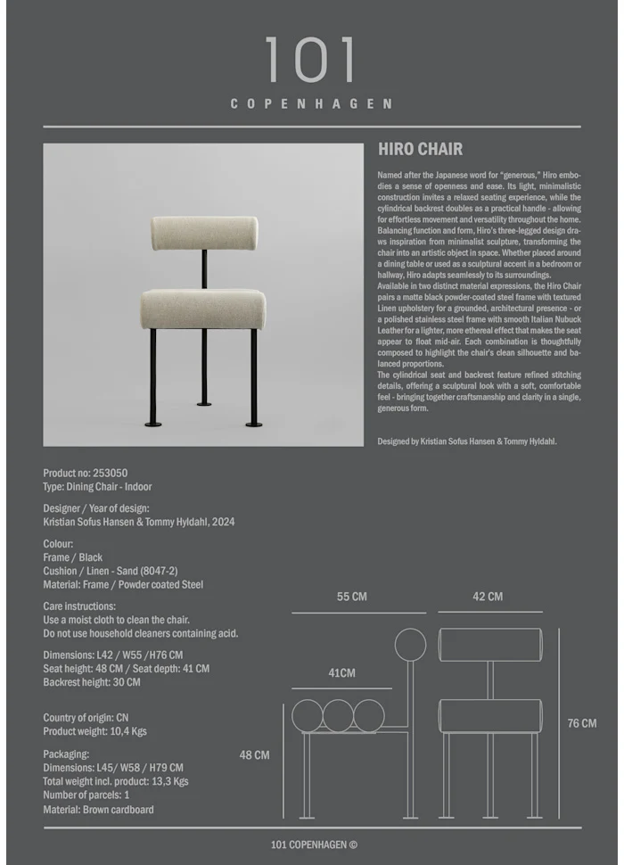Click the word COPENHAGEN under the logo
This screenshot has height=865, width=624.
pos(311,103)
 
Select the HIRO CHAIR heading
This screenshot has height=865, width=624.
pos(420,149)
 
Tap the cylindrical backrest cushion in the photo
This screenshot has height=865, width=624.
pos(204,233)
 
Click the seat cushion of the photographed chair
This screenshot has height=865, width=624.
pos(202,309)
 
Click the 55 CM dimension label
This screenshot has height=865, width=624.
pos(351,597)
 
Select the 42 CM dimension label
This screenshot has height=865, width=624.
pos(488,597)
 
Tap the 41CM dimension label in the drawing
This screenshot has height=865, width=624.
pos(341,673)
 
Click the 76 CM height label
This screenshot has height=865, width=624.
pos(582,723)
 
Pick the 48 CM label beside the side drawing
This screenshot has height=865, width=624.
pos(254,754)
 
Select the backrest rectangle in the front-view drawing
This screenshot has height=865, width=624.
pos(490,645)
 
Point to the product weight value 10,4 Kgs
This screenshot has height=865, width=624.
pos(127,731)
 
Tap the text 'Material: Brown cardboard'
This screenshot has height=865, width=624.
pos(98,810)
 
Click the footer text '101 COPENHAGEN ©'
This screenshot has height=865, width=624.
pos(314,845)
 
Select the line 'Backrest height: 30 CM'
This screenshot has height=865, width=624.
pos(92,682)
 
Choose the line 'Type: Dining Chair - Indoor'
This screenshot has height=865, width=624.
pos(97,487)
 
